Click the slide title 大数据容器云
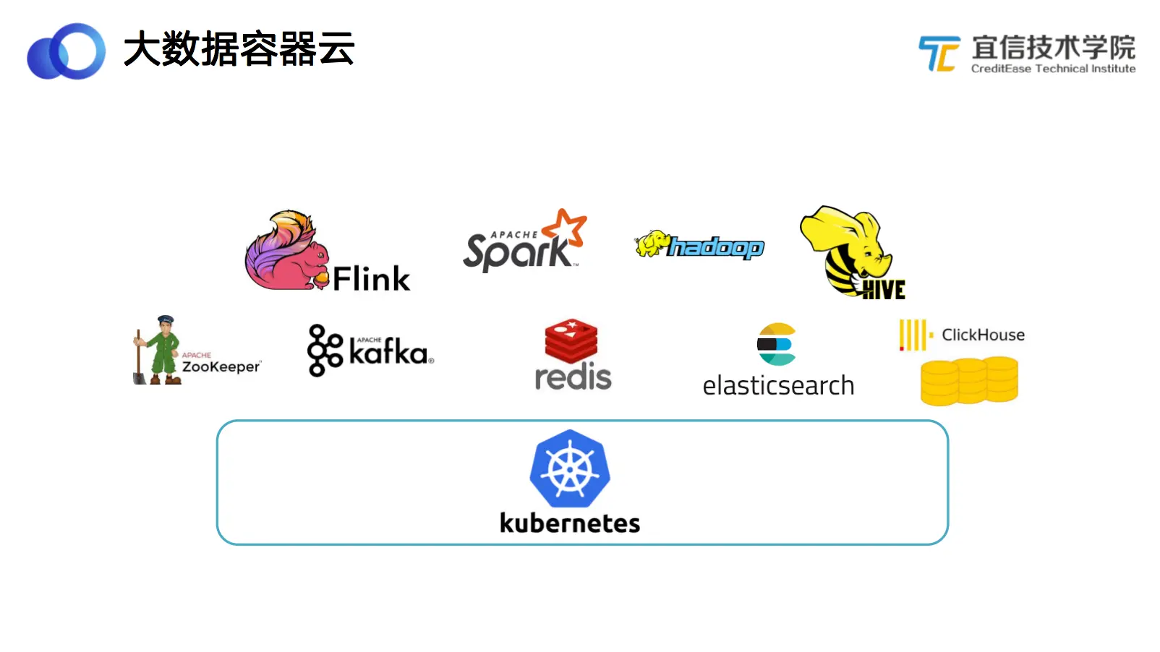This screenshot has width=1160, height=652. pos(239,49)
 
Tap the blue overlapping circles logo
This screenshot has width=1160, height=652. pos(66,51)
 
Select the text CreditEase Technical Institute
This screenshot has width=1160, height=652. pos(1052,69)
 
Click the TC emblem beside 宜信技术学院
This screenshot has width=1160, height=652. pos(939,53)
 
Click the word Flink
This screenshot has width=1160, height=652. pos(371,279)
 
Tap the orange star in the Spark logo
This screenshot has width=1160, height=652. pos(566,227)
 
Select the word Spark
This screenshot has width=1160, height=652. pos(516,252)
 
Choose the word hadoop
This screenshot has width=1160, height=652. pos(715,247)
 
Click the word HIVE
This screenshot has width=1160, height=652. pos(883,290)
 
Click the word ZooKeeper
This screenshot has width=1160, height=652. pos(221,366)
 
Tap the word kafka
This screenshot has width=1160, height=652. pos(388,353)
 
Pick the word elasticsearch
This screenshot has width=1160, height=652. pos(778,386)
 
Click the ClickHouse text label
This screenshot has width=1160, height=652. pos(983,335)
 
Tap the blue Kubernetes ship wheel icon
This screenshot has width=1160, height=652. pos(570,469)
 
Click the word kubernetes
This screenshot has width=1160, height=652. pos(570,523)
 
